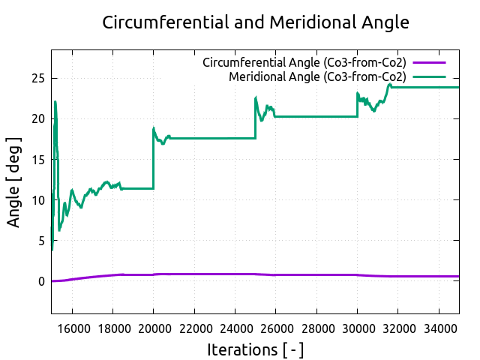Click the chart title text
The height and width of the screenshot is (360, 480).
pyautogui.click(x=255, y=22)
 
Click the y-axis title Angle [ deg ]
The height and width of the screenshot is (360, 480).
pyautogui.click(x=14, y=182)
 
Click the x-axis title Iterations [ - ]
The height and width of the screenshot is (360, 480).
pyautogui.click(x=255, y=350)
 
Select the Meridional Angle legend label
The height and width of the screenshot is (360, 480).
pyautogui.click(x=317, y=76)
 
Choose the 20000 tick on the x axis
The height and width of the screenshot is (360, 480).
pyautogui.click(x=153, y=328)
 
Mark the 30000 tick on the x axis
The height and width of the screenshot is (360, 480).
pyautogui.click(x=358, y=328)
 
